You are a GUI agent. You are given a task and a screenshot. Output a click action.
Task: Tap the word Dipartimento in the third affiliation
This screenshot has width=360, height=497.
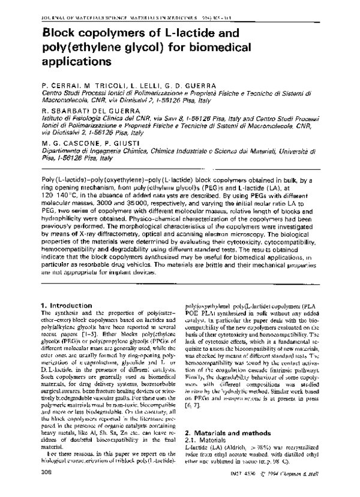[x=65, y=152]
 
